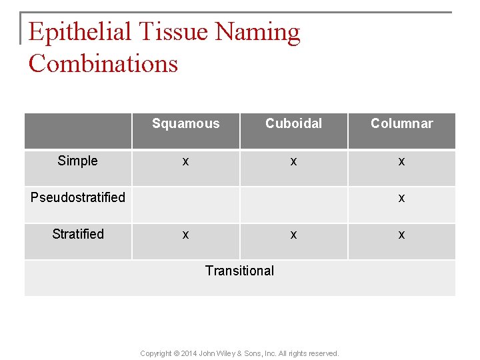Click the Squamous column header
coord(185,123)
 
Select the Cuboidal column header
coord(293,123)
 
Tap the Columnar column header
coord(401,123)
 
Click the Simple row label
coord(77,161)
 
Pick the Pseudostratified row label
coord(78,197)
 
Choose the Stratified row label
coord(78,234)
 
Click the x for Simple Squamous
coord(185,161)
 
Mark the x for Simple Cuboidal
coord(293,161)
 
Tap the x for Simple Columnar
coord(401,161)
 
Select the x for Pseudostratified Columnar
coord(401,198)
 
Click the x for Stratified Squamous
coord(185,235)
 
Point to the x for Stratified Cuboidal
coord(293,235)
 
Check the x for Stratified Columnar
coord(401,235)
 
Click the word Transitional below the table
coord(239,271)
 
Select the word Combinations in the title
coord(103,64)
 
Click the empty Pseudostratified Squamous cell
coord(185,204)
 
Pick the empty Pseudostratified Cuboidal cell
coord(293,204)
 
